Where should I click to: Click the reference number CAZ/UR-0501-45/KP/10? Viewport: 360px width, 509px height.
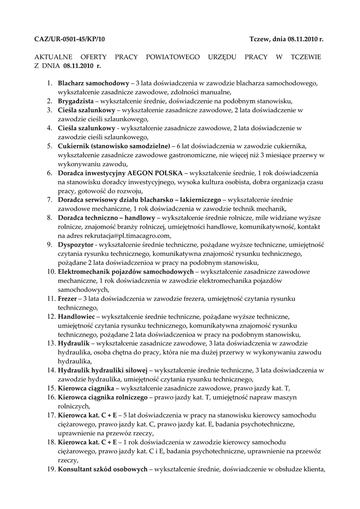pyautogui.click(x=70, y=39)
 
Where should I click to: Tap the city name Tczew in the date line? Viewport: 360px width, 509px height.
pyautogui.click(x=259, y=39)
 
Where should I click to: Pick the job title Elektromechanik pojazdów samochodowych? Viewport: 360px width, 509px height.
pyautogui.click(x=126, y=272)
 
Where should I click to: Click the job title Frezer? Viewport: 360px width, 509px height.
pyautogui.click(x=68, y=298)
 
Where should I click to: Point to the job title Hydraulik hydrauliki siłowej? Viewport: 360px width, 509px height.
pyautogui.click(x=103, y=370)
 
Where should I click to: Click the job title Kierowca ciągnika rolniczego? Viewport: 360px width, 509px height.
pyautogui.click(x=103, y=397)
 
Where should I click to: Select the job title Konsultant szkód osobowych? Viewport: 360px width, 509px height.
pyautogui.click(x=103, y=469)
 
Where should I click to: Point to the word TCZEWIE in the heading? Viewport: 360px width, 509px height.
pyautogui.click(x=306, y=57)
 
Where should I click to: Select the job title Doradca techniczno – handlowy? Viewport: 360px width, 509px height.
pyautogui.click(x=106, y=218)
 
